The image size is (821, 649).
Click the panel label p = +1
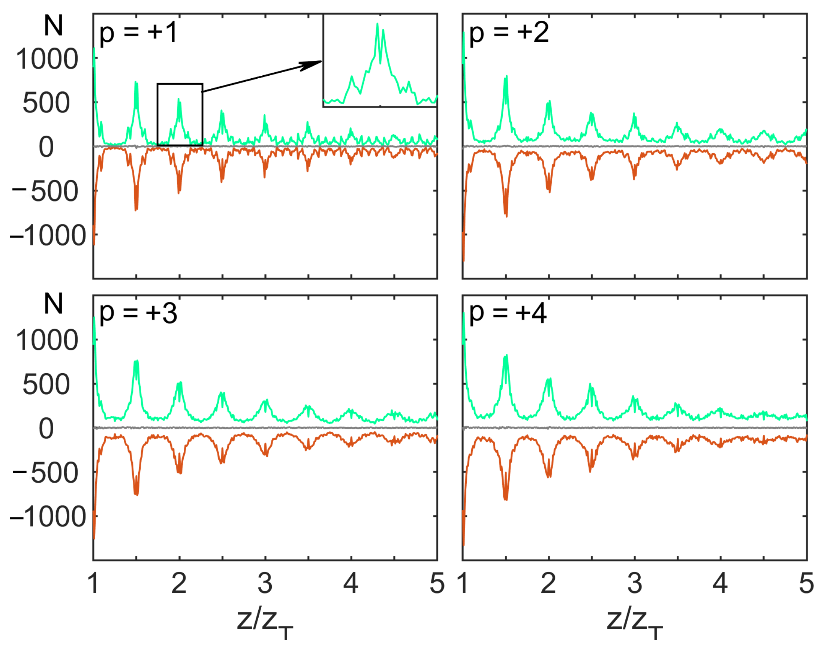pyautogui.click(x=138, y=33)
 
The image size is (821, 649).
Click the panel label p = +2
pyautogui.click(x=509, y=33)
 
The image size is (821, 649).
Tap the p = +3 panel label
pyautogui.click(x=138, y=314)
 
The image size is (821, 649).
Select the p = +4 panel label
pyautogui.click(x=508, y=314)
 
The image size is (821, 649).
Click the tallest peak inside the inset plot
pyautogui.click(x=377, y=25)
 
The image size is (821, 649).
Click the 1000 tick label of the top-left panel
pyautogui.click(x=47, y=60)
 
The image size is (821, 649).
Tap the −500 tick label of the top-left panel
pyautogui.click(x=46, y=192)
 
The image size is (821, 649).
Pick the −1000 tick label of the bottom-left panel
pyautogui.click(x=48, y=517)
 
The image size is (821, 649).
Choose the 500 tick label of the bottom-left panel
pyautogui.click(x=46, y=384)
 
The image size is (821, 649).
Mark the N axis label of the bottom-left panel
pyautogui.click(x=53, y=304)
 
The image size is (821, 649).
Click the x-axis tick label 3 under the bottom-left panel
pyautogui.click(x=265, y=583)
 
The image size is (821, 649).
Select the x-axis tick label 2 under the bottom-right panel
pyautogui.click(x=548, y=583)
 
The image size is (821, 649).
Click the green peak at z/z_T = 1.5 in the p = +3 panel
pyautogui.click(x=136, y=362)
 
